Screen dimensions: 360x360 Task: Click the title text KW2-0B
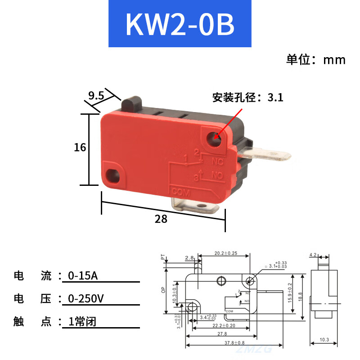pos(180,25)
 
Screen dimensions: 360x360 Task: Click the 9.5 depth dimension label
pos(96,95)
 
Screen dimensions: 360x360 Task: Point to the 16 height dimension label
pos(80,147)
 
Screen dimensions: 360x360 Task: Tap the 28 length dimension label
pos(161,219)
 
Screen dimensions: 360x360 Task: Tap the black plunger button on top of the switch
pos(132,103)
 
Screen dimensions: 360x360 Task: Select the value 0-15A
pos(82,275)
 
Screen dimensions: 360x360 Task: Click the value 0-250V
pos(85,298)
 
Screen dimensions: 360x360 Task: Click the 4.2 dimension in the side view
pos(313,255)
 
